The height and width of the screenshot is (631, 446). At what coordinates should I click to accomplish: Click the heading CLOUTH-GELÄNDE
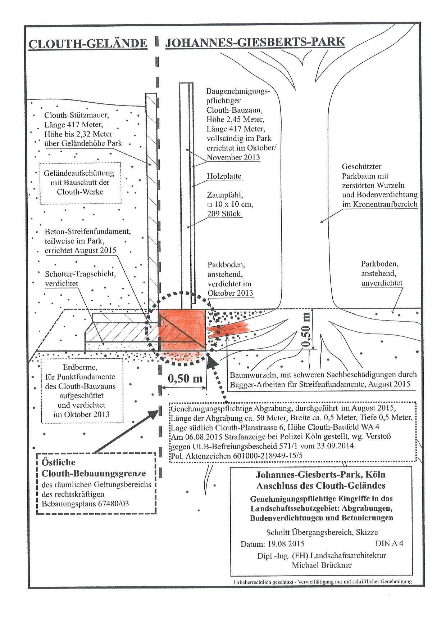88,44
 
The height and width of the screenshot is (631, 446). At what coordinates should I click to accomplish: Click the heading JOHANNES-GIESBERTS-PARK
255,42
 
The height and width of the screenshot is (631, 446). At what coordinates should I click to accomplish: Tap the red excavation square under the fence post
182,329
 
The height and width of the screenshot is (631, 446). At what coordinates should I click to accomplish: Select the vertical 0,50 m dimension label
306,329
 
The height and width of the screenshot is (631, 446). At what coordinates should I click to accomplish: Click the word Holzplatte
224,176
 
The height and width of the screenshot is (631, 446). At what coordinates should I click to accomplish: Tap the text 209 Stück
223,214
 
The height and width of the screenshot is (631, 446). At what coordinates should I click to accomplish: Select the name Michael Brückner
322,565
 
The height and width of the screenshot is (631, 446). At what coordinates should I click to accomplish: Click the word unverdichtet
382,283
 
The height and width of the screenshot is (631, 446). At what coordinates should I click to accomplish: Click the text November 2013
233,157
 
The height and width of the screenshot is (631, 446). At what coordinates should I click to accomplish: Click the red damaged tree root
229,330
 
